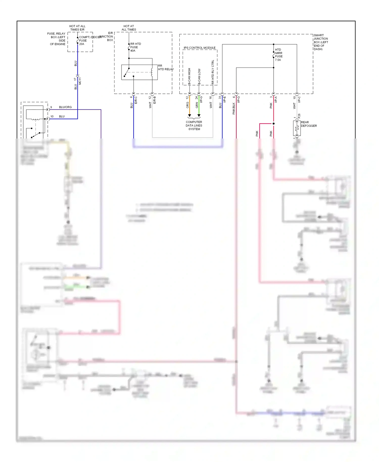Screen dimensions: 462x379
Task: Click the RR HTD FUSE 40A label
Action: coord(135,47)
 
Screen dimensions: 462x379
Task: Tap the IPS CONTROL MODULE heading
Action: coord(199,48)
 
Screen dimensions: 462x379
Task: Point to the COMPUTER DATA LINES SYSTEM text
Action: coord(194,126)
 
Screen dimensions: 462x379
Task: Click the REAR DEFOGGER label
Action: coord(309,124)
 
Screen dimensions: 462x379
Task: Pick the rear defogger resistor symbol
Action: coord(297,128)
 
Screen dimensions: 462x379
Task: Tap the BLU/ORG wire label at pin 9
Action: coord(65,107)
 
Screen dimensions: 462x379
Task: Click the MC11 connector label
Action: coord(80,81)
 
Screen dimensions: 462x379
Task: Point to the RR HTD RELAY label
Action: coord(165,67)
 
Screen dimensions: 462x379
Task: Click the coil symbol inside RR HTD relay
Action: coord(152,72)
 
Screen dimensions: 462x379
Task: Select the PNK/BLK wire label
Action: coord(234,108)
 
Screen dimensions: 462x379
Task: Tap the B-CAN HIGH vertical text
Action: coord(189,76)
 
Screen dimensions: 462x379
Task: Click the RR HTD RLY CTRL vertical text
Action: coord(213,72)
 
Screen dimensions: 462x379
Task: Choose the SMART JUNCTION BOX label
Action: coord(321,42)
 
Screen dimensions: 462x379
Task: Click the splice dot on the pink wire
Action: coord(273,124)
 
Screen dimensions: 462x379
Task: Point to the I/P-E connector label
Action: coord(224,99)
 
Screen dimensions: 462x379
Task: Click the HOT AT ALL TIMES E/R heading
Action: coord(77,28)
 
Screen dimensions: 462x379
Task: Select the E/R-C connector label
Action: coord(136,100)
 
